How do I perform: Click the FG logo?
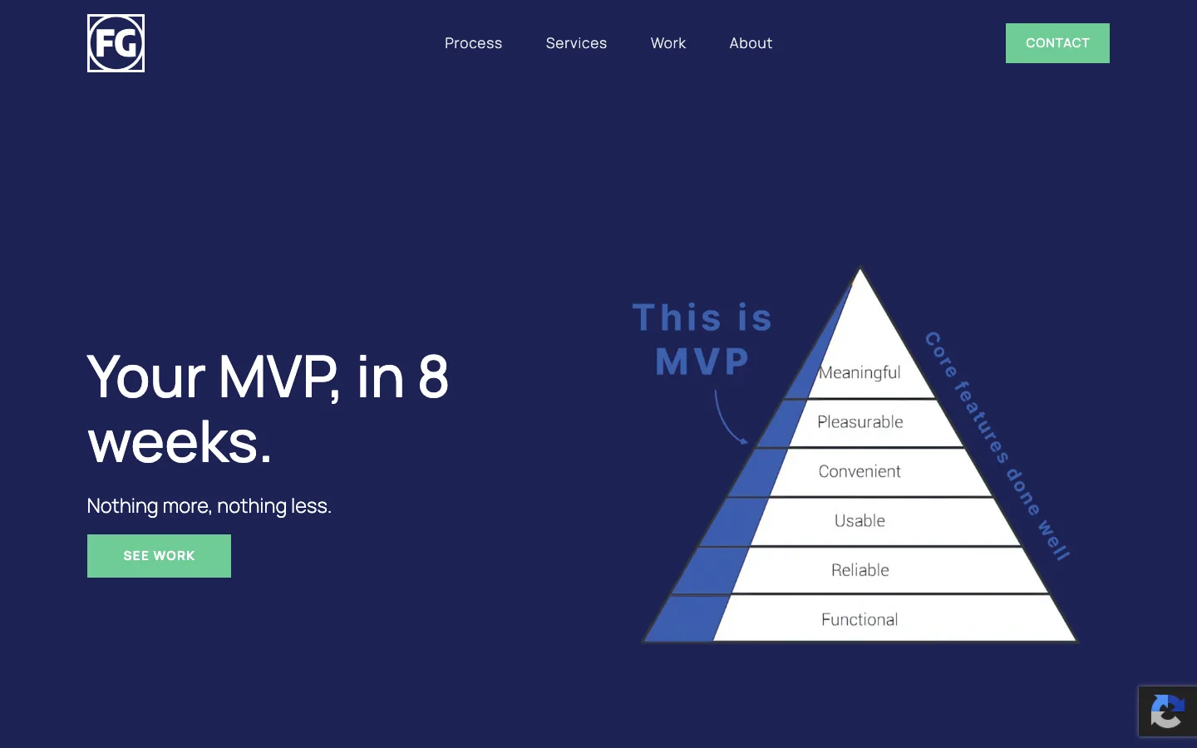tap(116, 43)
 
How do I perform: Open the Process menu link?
tap(474, 42)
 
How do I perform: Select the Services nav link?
tap(576, 42)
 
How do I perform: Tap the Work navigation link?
tap(668, 42)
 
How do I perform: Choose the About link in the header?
tap(751, 42)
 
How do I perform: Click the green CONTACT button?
tap(1057, 43)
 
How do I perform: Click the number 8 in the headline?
tap(433, 377)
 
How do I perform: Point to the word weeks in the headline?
tap(180, 442)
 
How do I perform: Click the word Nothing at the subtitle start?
tap(122, 506)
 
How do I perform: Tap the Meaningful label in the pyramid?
tap(860, 372)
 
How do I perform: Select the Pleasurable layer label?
tap(860, 421)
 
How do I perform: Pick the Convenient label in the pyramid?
tap(860, 471)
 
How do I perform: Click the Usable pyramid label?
tap(860, 520)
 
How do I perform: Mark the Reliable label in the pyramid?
tap(860, 570)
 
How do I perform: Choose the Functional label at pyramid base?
tap(860, 619)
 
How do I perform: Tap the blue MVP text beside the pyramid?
tap(702, 362)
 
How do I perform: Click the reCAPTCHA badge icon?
tap(1168, 711)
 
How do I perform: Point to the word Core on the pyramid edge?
tap(941, 355)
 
